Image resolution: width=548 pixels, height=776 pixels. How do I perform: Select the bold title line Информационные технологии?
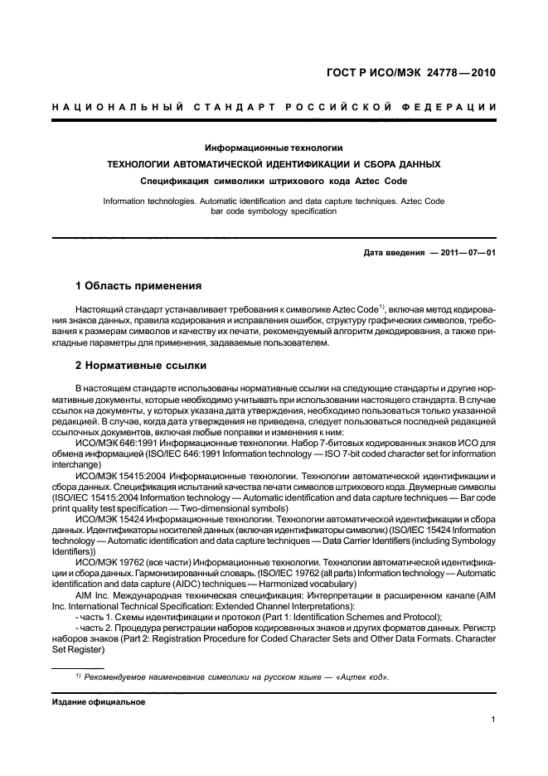[274, 148]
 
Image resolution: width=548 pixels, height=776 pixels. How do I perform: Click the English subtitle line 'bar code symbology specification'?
[274, 211]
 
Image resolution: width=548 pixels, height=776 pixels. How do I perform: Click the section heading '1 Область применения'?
[138, 286]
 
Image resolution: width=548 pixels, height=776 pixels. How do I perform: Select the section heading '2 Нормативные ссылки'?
[141, 365]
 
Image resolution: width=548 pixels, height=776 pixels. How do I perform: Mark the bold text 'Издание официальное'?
[98, 702]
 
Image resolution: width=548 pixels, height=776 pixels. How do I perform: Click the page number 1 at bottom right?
[492, 720]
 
